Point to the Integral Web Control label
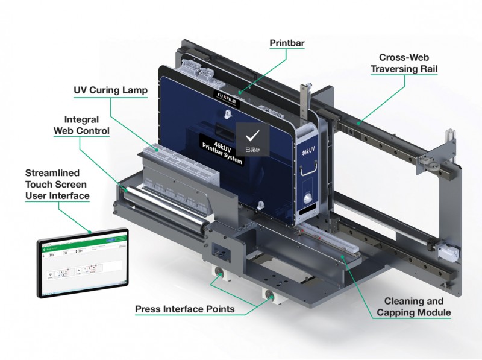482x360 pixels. pos(82,125)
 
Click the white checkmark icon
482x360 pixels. pos(252,136)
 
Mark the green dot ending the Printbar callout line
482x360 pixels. pos(239,93)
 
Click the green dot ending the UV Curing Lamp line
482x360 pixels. pos(158,148)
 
